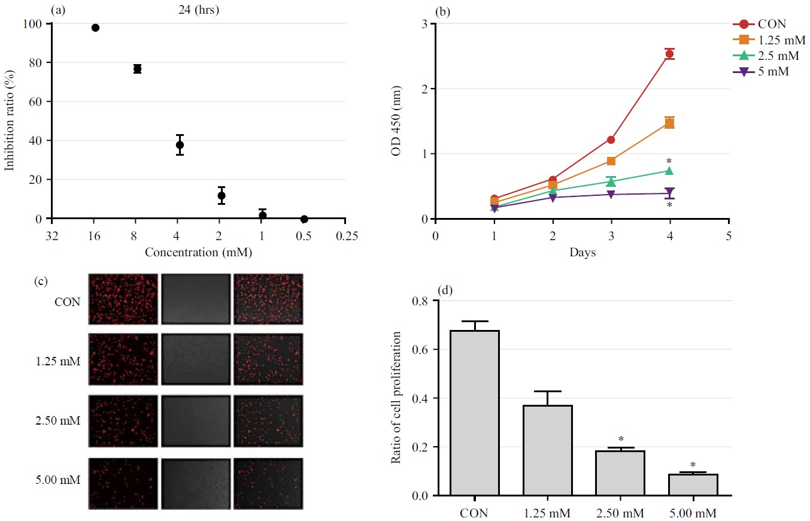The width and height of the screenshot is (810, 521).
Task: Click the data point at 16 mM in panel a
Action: pos(95,28)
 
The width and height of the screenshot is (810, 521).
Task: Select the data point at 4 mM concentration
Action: pos(180,145)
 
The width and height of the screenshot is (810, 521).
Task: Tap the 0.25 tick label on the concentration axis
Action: pos(345,236)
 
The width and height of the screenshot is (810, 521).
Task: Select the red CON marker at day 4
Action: pos(669,54)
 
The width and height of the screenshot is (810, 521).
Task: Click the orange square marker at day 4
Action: pos(669,123)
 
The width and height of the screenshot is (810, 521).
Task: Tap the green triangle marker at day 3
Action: pos(611,181)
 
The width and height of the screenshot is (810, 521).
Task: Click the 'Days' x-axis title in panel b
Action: pos(582,253)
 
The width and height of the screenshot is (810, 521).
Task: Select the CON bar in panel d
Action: pos(474,413)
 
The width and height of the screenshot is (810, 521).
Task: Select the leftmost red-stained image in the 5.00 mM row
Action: pos(123,483)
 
